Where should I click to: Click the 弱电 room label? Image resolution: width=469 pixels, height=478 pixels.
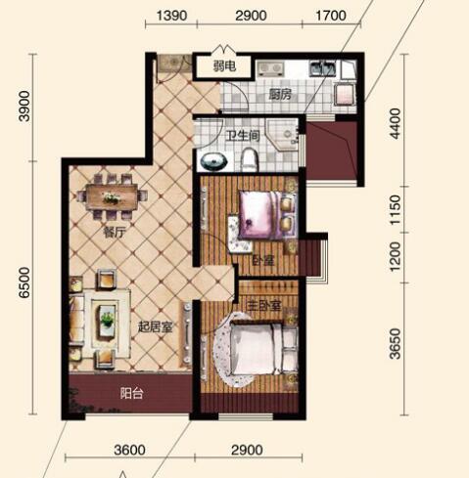[224, 66]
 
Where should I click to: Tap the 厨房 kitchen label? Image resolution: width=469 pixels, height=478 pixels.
[280, 95]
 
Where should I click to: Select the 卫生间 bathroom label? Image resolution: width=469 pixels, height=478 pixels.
[243, 136]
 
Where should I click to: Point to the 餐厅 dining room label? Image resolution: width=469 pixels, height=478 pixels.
[115, 233]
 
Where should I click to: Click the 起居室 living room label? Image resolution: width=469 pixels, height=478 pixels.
[155, 326]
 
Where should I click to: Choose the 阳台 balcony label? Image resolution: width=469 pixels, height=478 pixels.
[131, 393]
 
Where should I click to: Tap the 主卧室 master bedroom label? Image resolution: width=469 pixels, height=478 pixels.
[263, 305]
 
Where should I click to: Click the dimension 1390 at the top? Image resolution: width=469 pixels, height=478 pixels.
[171, 16]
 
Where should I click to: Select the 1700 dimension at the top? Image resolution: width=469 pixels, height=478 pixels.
[331, 16]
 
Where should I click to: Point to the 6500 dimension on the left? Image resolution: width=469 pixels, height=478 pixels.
[24, 282]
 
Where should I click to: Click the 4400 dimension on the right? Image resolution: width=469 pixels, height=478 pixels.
[395, 124]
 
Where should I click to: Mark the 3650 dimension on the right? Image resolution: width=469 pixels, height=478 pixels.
[395, 344]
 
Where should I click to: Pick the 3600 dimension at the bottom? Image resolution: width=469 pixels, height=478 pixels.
[129, 450]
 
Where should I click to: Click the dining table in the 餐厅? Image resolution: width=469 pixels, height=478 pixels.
[112, 196]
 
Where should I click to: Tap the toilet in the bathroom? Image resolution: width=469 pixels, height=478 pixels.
[250, 159]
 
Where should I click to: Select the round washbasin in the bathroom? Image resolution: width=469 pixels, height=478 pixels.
[213, 161]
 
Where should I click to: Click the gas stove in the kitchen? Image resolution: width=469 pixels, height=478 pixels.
[270, 68]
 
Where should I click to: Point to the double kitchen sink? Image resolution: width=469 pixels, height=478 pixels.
[322, 68]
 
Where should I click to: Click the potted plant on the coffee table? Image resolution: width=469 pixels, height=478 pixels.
[108, 319]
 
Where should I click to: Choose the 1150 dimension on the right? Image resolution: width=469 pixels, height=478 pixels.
[395, 209]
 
